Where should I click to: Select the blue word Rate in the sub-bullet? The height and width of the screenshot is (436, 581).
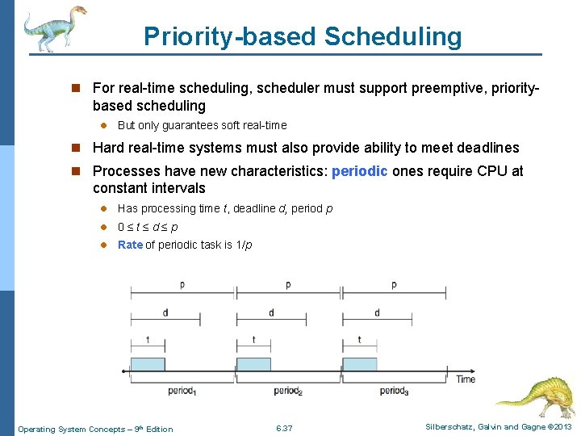tap(130, 245)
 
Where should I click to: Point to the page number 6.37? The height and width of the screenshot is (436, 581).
tap(284, 428)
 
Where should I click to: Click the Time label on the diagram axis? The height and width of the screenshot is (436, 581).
tap(466, 379)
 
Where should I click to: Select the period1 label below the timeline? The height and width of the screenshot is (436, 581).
tap(182, 391)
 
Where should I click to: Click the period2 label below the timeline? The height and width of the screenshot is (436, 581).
tap(288, 391)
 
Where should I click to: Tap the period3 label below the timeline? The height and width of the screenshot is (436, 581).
tap(394, 391)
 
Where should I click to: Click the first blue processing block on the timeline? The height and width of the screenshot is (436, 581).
tap(148, 364)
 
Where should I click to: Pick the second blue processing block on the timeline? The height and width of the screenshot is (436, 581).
tap(253, 364)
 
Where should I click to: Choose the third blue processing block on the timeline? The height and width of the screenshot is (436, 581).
tap(360, 364)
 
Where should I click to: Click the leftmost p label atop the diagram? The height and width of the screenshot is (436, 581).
tap(182, 285)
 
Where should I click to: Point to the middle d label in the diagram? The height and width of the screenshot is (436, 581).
tap(271, 312)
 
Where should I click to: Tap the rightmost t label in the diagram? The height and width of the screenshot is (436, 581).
tap(359, 340)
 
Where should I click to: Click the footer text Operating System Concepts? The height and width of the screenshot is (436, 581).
tap(95, 429)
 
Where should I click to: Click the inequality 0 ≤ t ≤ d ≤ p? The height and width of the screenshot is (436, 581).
tap(148, 227)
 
